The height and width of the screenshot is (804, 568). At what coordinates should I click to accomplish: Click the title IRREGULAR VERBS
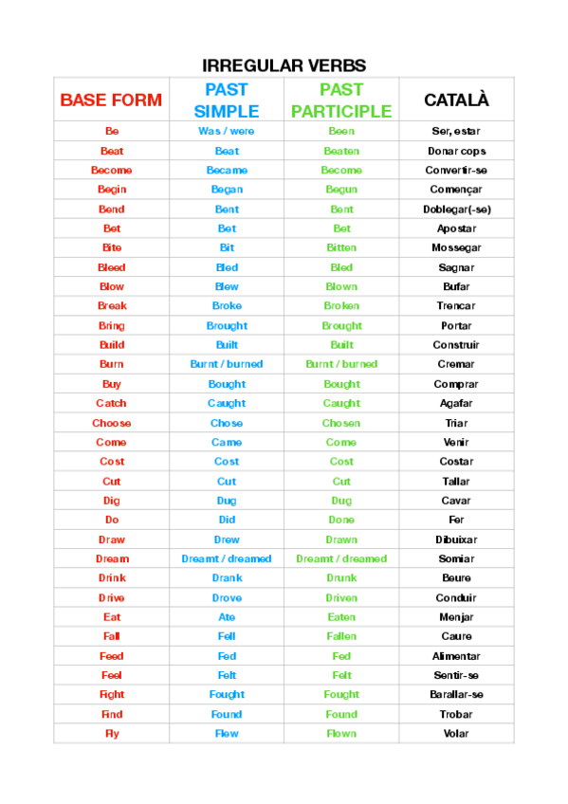(x=284, y=65)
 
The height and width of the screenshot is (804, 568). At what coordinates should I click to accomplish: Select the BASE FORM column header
(x=111, y=100)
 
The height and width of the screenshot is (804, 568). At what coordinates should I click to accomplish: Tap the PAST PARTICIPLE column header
(x=341, y=100)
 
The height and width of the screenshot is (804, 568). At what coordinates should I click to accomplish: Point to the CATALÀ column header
(x=456, y=100)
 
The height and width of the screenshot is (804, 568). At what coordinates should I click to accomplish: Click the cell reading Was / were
(x=227, y=131)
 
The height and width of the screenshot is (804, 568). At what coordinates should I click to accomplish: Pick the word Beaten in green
(x=341, y=151)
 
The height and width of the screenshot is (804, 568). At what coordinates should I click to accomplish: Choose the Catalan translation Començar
(x=456, y=190)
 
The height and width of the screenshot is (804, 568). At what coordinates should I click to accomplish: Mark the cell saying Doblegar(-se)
(x=456, y=209)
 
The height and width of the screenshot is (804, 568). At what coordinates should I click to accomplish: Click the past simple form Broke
(x=227, y=306)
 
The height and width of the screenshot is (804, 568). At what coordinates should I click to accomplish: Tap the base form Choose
(x=111, y=423)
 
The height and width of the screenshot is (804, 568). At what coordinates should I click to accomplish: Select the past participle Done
(x=341, y=520)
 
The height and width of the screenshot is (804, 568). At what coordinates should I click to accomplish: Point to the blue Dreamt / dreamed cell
(x=227, y=558)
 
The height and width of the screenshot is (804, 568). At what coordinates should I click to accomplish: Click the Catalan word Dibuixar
(x=456, y=539)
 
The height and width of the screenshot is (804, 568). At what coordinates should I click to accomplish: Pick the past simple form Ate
(x=227, y=617)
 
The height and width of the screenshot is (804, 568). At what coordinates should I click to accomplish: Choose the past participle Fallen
(x=341, y=636)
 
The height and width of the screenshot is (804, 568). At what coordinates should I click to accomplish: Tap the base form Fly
(x=111, y=734)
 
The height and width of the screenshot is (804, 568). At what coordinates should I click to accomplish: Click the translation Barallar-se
(x=456, y=695)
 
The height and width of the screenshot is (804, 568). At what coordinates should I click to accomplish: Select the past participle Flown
(x=341, y=734)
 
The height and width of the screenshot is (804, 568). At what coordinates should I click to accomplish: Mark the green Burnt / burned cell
(x=341, y=364)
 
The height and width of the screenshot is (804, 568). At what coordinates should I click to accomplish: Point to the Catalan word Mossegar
(x=456, y=247)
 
